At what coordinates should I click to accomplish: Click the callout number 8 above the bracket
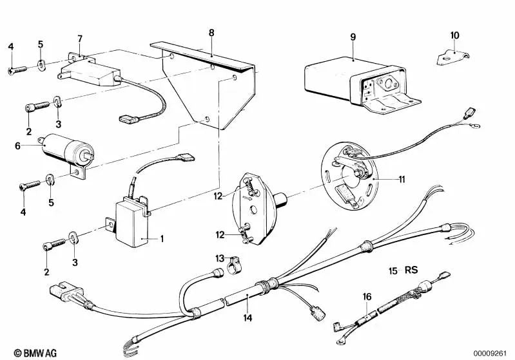click(211, 33)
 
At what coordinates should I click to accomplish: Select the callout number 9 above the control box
click(353, 37)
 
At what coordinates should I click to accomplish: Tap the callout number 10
click(455, 35)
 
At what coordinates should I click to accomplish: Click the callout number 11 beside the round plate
click(402, 180)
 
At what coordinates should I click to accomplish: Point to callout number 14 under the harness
click(248, 317)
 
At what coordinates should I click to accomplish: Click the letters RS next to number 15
click(411, 270)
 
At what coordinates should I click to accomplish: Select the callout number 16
click(367, 297)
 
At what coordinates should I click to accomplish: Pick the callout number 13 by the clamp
click(220, 258)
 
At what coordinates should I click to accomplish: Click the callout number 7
click(80, 39)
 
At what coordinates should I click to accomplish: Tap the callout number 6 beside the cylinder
click(18, 146)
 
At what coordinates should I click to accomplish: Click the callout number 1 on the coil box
click(162, 238)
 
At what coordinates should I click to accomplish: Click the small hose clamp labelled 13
click(234, 265)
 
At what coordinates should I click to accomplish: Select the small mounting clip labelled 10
click(452, 57)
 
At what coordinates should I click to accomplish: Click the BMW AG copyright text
click(35, 353)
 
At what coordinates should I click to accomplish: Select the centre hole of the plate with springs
click(253, 209)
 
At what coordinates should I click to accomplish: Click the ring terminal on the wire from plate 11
click(474, 125)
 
